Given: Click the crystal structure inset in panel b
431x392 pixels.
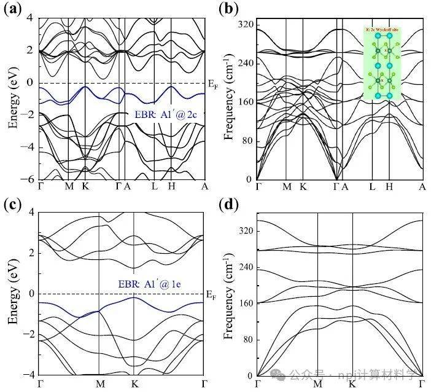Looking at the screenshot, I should [x=382, y=63].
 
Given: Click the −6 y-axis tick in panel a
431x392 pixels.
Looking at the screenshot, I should [x=27, y=179].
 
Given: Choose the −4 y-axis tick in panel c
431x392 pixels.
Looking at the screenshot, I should [x=27, y=375].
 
